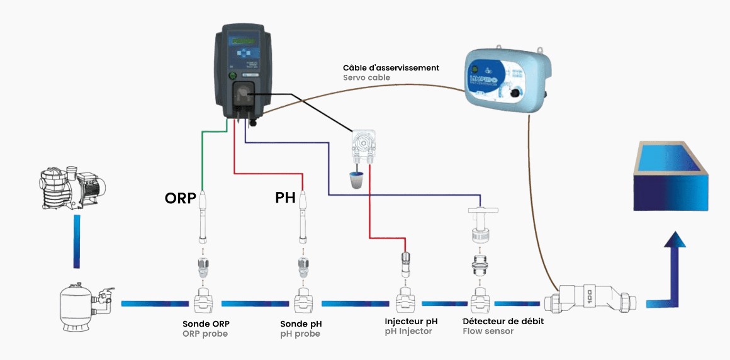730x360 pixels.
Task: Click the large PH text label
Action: click(285, 198)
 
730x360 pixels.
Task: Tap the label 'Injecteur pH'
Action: click(411, 321)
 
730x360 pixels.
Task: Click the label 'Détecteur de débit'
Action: click(503, 321)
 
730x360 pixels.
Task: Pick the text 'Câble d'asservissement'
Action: click(391, 67)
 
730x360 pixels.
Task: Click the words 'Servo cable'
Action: click(366, 78)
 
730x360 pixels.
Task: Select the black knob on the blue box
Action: click(517, 93)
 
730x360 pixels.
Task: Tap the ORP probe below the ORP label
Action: click(203, 217)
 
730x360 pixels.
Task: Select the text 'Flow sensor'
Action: click(488, 331)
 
